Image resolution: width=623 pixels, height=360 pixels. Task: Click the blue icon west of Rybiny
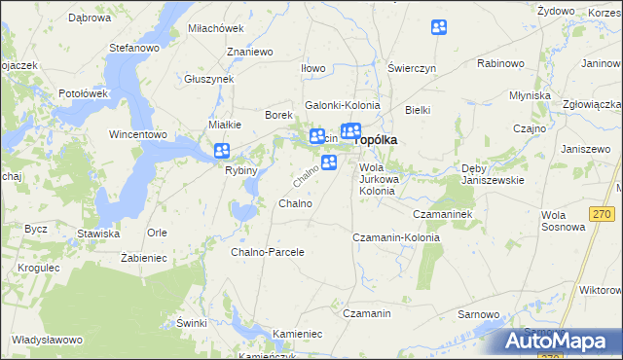click(x=222, y=151)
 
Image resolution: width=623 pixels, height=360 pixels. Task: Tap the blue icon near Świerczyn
click(x=440, y=29)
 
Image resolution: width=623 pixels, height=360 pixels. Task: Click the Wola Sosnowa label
click(x=564, y=221)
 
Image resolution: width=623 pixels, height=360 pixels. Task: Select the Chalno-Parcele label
click(x=268, y=252)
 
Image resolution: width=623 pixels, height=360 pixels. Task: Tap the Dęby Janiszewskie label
click(x=493, y=174)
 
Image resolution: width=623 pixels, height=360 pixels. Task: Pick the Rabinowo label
click(x=501, y=63)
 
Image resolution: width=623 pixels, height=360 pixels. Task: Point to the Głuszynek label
click(x=209, y=79)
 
